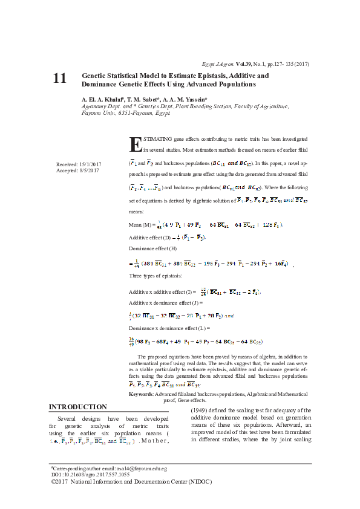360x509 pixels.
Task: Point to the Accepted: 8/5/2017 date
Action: (x=77, y=170)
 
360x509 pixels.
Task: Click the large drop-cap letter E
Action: (x=136, y=144)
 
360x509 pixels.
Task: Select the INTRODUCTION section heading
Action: (x=77, y=407)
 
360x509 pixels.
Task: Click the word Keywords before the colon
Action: (x=141, y=394)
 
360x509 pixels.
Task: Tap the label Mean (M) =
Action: (x=143, y=224)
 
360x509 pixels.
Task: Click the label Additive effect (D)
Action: (x=151, y=237)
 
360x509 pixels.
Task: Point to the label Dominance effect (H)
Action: (x=153, y=248)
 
